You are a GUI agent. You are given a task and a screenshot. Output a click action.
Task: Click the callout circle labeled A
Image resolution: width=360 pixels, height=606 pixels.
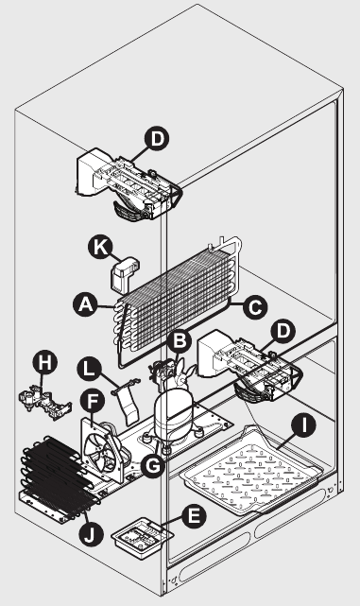click(85, 304)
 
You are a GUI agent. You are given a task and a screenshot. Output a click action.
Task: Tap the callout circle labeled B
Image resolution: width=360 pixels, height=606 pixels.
click(179, 341)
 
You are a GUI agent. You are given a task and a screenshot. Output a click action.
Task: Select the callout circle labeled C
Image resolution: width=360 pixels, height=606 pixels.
click(255, 307)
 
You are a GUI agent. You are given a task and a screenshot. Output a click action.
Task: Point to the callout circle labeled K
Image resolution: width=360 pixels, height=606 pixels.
click(100, 247)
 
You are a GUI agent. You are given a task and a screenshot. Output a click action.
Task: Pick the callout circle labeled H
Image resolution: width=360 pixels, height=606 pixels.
click(45, 363)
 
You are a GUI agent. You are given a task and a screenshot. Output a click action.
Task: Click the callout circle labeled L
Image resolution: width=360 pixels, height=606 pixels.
click(89, 369)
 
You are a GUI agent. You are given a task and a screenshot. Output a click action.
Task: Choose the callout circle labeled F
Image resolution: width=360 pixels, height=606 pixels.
click(93, 402)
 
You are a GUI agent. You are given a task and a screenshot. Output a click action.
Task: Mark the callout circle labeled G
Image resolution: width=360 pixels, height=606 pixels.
click(153, 466)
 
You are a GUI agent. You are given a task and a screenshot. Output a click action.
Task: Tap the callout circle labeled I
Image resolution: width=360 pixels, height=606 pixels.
click(303, 425)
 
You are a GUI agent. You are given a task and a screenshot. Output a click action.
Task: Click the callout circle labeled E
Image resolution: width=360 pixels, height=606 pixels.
click(195, 516)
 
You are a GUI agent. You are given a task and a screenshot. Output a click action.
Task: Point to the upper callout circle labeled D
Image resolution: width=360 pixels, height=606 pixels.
click(157, 139)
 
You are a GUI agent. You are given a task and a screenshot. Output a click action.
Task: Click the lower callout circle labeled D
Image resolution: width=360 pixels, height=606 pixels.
click(283, 331)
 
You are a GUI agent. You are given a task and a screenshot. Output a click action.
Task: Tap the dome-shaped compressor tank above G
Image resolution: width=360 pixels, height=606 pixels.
click(170, 413)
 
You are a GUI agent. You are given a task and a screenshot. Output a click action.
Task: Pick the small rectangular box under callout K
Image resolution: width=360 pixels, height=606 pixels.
click(125, 274)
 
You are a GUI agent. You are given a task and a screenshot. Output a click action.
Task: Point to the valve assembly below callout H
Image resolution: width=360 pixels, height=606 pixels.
click(45, 404)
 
